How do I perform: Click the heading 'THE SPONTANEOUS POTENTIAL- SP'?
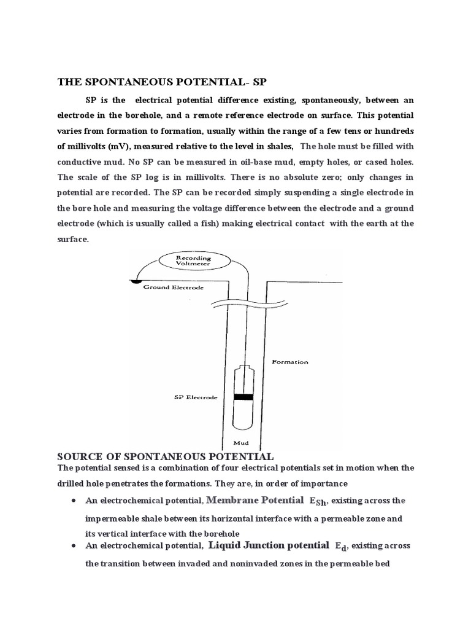click(163, 82)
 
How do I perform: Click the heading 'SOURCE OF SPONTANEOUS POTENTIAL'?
click(165, 456)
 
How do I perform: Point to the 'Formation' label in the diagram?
click(290, 362)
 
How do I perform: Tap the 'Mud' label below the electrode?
click(243, 442)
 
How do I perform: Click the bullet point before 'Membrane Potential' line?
click(74, 501)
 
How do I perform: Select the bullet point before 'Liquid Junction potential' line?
click(74, 545)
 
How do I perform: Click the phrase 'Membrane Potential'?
click(256, 499)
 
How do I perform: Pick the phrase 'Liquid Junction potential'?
click(269, 544)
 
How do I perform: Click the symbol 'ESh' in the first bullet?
click(318, 501)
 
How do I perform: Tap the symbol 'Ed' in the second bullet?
click(341, 546)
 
